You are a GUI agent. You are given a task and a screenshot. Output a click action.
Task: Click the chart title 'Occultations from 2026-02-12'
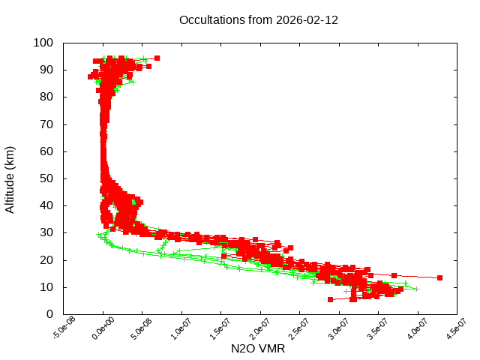[259, 19]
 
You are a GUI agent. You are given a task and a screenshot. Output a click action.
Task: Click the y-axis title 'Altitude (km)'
[10, 179]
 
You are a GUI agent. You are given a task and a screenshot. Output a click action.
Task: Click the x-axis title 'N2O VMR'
[259, 349]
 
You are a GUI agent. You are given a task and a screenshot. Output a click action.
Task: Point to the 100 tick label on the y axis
[43, 43]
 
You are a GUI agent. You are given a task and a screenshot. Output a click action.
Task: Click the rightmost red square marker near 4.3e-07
[439, 277]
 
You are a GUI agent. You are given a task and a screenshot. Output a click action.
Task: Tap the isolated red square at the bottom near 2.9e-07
[330, 299]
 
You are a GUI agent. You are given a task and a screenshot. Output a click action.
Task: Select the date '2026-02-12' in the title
[307, 19]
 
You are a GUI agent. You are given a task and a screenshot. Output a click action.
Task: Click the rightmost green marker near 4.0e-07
[416, 289]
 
